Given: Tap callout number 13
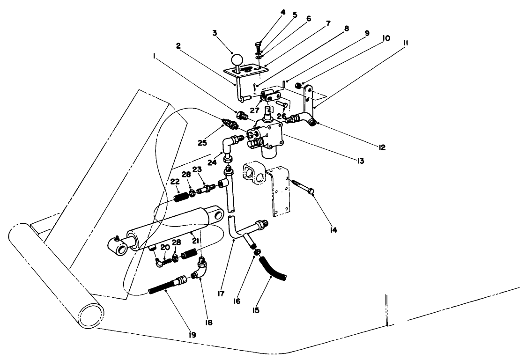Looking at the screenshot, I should tap(360, 161).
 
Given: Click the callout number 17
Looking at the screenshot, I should tap(221, 294).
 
